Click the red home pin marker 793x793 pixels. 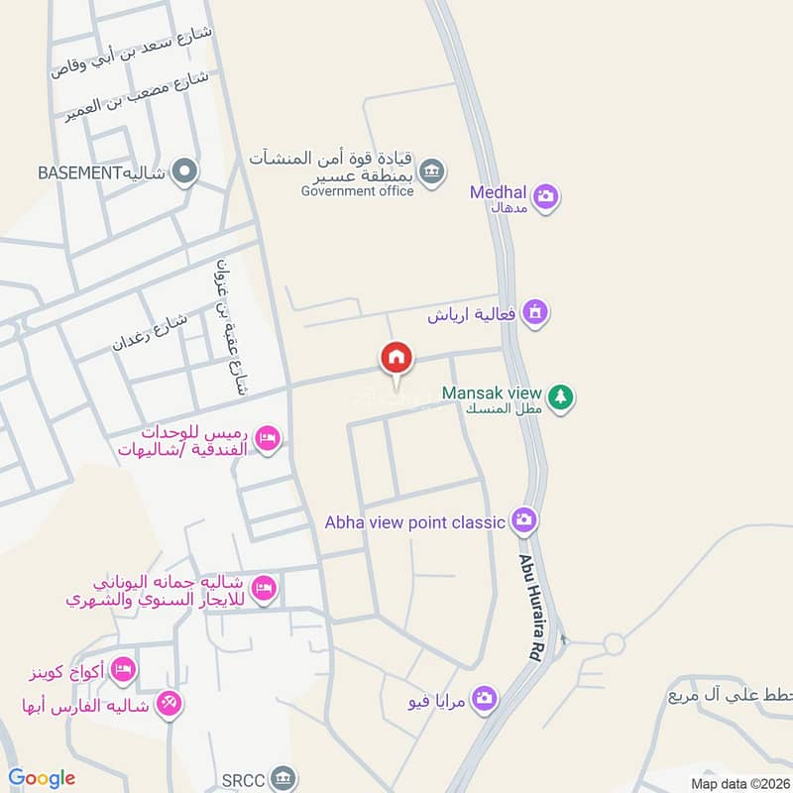tap(396, 358)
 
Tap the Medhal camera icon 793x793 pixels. tap(544, 196)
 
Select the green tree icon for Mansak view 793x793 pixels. tap(562, 397)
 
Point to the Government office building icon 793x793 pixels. tap(431, 170)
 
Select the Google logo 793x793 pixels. tap(42, 778)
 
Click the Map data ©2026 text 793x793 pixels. tap(738, 784)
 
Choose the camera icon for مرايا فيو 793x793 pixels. tap(484, 701)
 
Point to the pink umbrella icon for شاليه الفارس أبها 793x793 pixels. tap(169, 705)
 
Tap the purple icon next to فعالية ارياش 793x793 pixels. tap(535, 312)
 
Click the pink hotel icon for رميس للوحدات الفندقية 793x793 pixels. tap(267, 437)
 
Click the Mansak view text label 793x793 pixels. tap(492, 393)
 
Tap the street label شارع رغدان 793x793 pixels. tap(150, 330)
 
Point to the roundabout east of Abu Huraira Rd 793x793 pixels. tap(614, 644)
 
